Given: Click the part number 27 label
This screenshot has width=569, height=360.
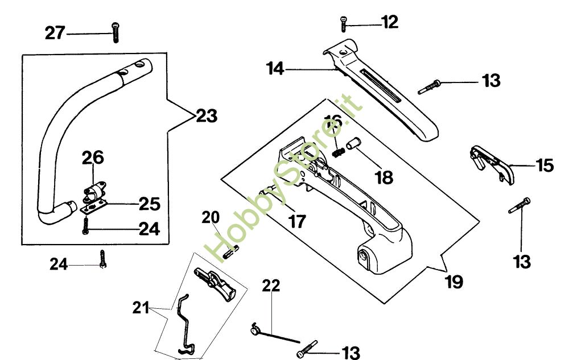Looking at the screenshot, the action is (x=55, y=33).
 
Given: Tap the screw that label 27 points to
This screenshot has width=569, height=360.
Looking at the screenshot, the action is (x=116, y=32).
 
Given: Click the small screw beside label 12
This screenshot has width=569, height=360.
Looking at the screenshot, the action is (x=343, y=23).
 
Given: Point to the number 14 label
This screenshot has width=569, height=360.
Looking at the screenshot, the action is (x=275, y=68).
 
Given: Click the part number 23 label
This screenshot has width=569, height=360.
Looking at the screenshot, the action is (x=207, y=116).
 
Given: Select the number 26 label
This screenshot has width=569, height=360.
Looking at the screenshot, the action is (x=93, y=158).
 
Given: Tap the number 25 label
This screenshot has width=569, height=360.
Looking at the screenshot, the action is (x=150, y=204).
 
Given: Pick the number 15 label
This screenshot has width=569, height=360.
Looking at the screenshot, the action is (x=545, y=165).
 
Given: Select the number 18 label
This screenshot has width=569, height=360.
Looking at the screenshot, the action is (x=384, y=177).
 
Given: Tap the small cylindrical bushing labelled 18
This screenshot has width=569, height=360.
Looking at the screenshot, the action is (x=352, y=143).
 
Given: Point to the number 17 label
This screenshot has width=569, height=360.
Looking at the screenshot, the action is (x=297, y=221).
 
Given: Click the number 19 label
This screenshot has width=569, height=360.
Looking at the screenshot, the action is (x=454, y=282).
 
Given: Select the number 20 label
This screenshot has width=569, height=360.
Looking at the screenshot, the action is (x=211, y=217).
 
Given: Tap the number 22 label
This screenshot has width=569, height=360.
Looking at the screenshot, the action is (x=271, y=285).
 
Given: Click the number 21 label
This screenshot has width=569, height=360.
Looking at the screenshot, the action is (x=141, y=308).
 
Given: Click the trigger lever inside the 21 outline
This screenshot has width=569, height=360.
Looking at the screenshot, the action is (x=215, y=283).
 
